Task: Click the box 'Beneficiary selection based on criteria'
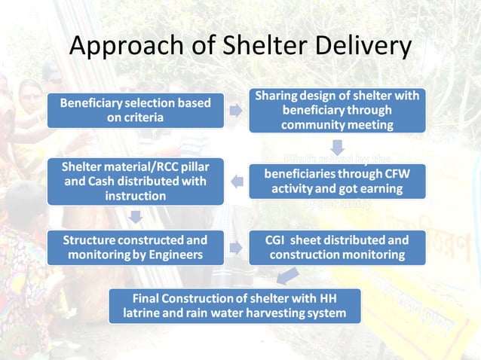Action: [135, 110]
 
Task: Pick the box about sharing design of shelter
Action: [336, 111]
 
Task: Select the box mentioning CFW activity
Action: [337, 181]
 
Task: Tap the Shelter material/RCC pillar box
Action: [135, 181]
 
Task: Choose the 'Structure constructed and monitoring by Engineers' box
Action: [135, 247]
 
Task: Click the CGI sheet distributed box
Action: [337, 247]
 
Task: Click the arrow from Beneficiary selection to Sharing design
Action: [235, 111]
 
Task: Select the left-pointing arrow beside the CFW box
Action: [235, 181]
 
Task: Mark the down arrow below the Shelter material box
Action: [135, 217]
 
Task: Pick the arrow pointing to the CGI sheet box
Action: [235, 247]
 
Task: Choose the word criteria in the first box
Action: [147, 117]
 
